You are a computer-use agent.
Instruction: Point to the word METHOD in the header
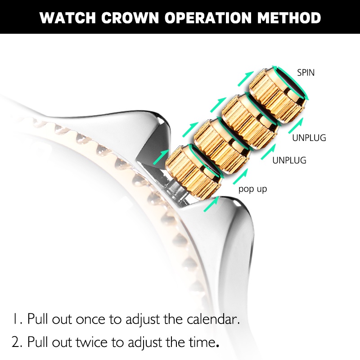290,18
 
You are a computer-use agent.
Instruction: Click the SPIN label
306,72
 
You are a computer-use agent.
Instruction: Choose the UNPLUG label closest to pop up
289,160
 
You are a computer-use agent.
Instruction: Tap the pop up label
252,189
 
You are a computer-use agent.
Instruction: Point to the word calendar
211,319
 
